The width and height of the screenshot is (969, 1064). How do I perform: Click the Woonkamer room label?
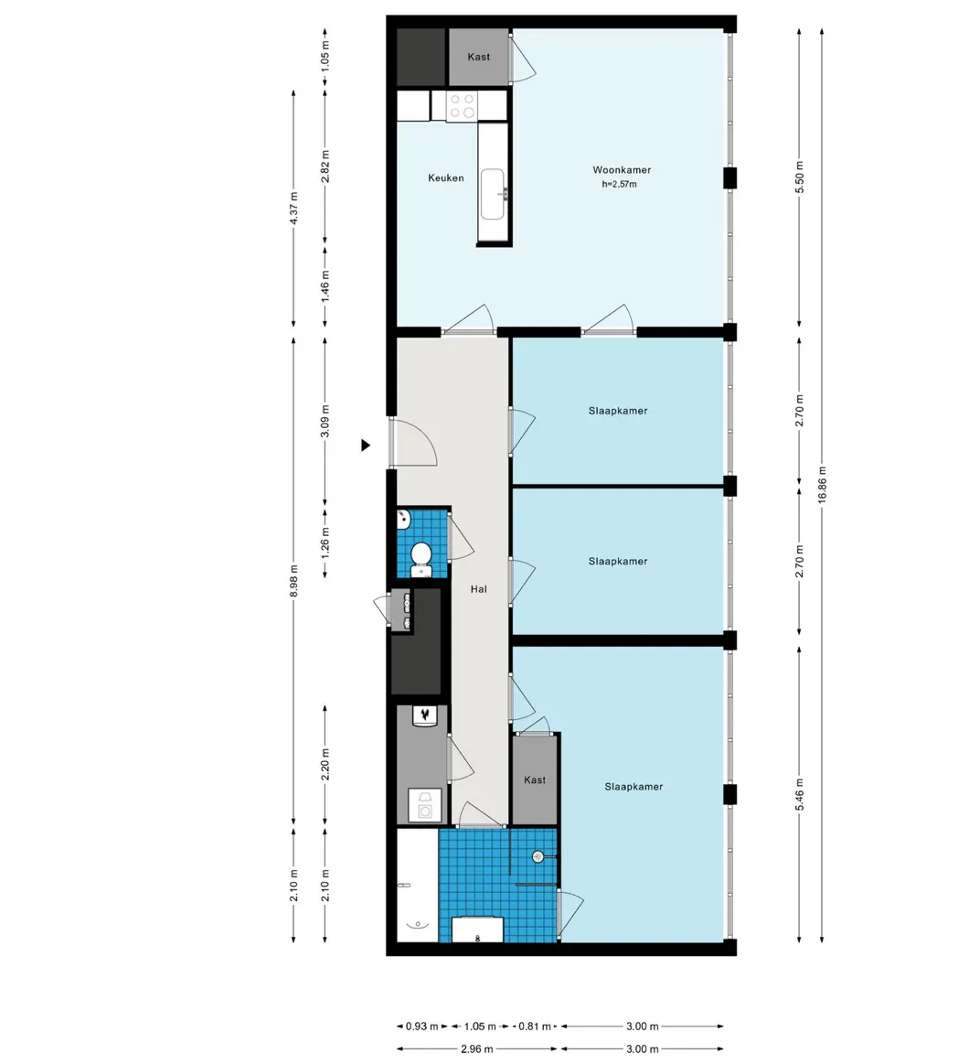[621, 170]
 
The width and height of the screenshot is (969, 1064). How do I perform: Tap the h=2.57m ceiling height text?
[619, 184]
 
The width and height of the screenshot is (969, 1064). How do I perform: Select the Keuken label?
[446, 178]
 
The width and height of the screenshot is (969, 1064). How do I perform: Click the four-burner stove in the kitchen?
[461, 106]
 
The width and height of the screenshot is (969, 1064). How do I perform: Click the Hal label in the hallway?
[478, 590]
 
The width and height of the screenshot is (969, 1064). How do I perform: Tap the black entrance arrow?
[366, 446]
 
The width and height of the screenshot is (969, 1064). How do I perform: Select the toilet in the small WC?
[421, 555]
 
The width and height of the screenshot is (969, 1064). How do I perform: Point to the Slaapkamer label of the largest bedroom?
[634, 787]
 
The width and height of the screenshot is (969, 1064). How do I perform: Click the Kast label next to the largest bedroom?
[535, 780]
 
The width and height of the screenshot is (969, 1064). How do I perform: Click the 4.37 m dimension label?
[293, 207]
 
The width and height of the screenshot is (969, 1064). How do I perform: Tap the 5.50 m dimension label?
[800, 176]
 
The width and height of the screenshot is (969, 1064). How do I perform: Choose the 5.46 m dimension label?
[800, 793]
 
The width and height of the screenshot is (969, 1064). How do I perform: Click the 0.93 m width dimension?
[421, 1026]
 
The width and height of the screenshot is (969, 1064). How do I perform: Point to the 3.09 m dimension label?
[326, 422]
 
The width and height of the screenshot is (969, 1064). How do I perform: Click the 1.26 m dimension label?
[326, 543]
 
